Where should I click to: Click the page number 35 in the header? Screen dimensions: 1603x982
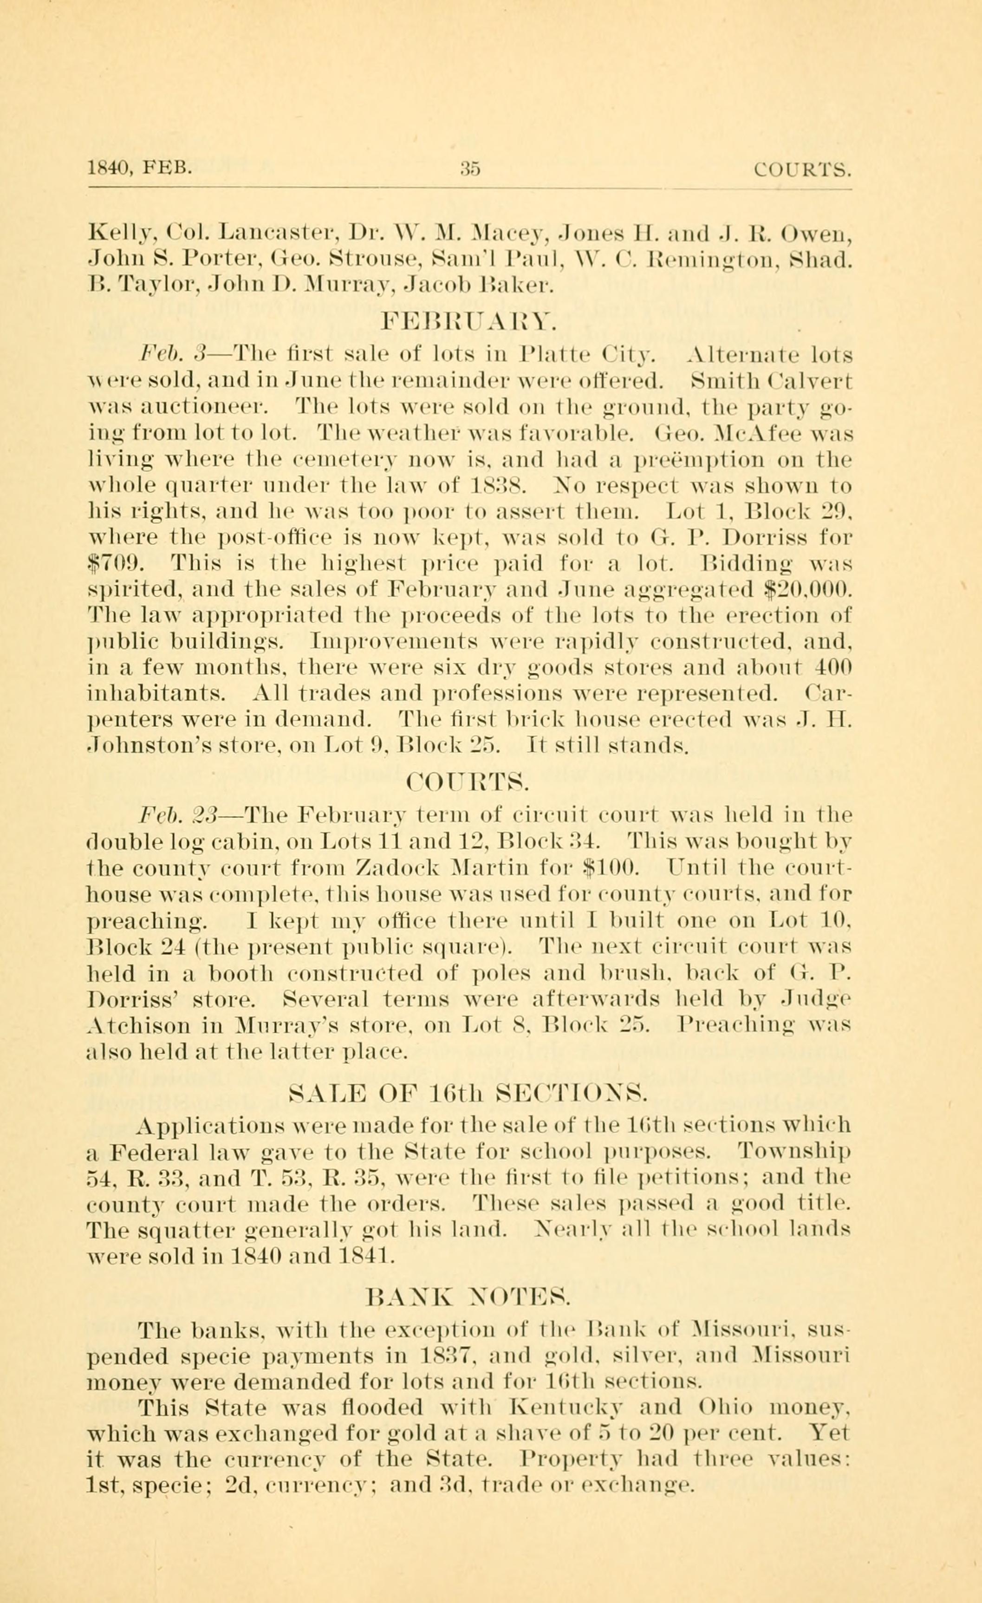(469, 170)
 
